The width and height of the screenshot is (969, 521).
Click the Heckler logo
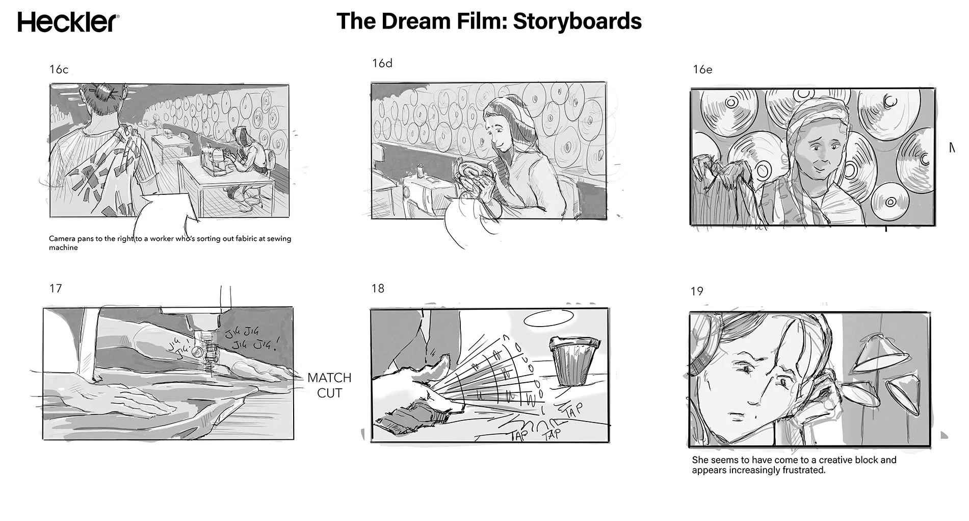click(69, 23)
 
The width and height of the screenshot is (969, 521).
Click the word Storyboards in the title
click(577, 21)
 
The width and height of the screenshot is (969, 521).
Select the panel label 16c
click(59, 70)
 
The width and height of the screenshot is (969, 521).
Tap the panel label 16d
click(382, 64)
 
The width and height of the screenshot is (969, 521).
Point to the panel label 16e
click(702, 70)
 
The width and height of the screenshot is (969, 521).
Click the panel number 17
click(56, 289)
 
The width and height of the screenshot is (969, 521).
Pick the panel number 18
click(378, 289)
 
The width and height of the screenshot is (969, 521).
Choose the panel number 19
click(697, 291)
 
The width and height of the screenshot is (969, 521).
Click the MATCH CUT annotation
click(329, 385)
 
